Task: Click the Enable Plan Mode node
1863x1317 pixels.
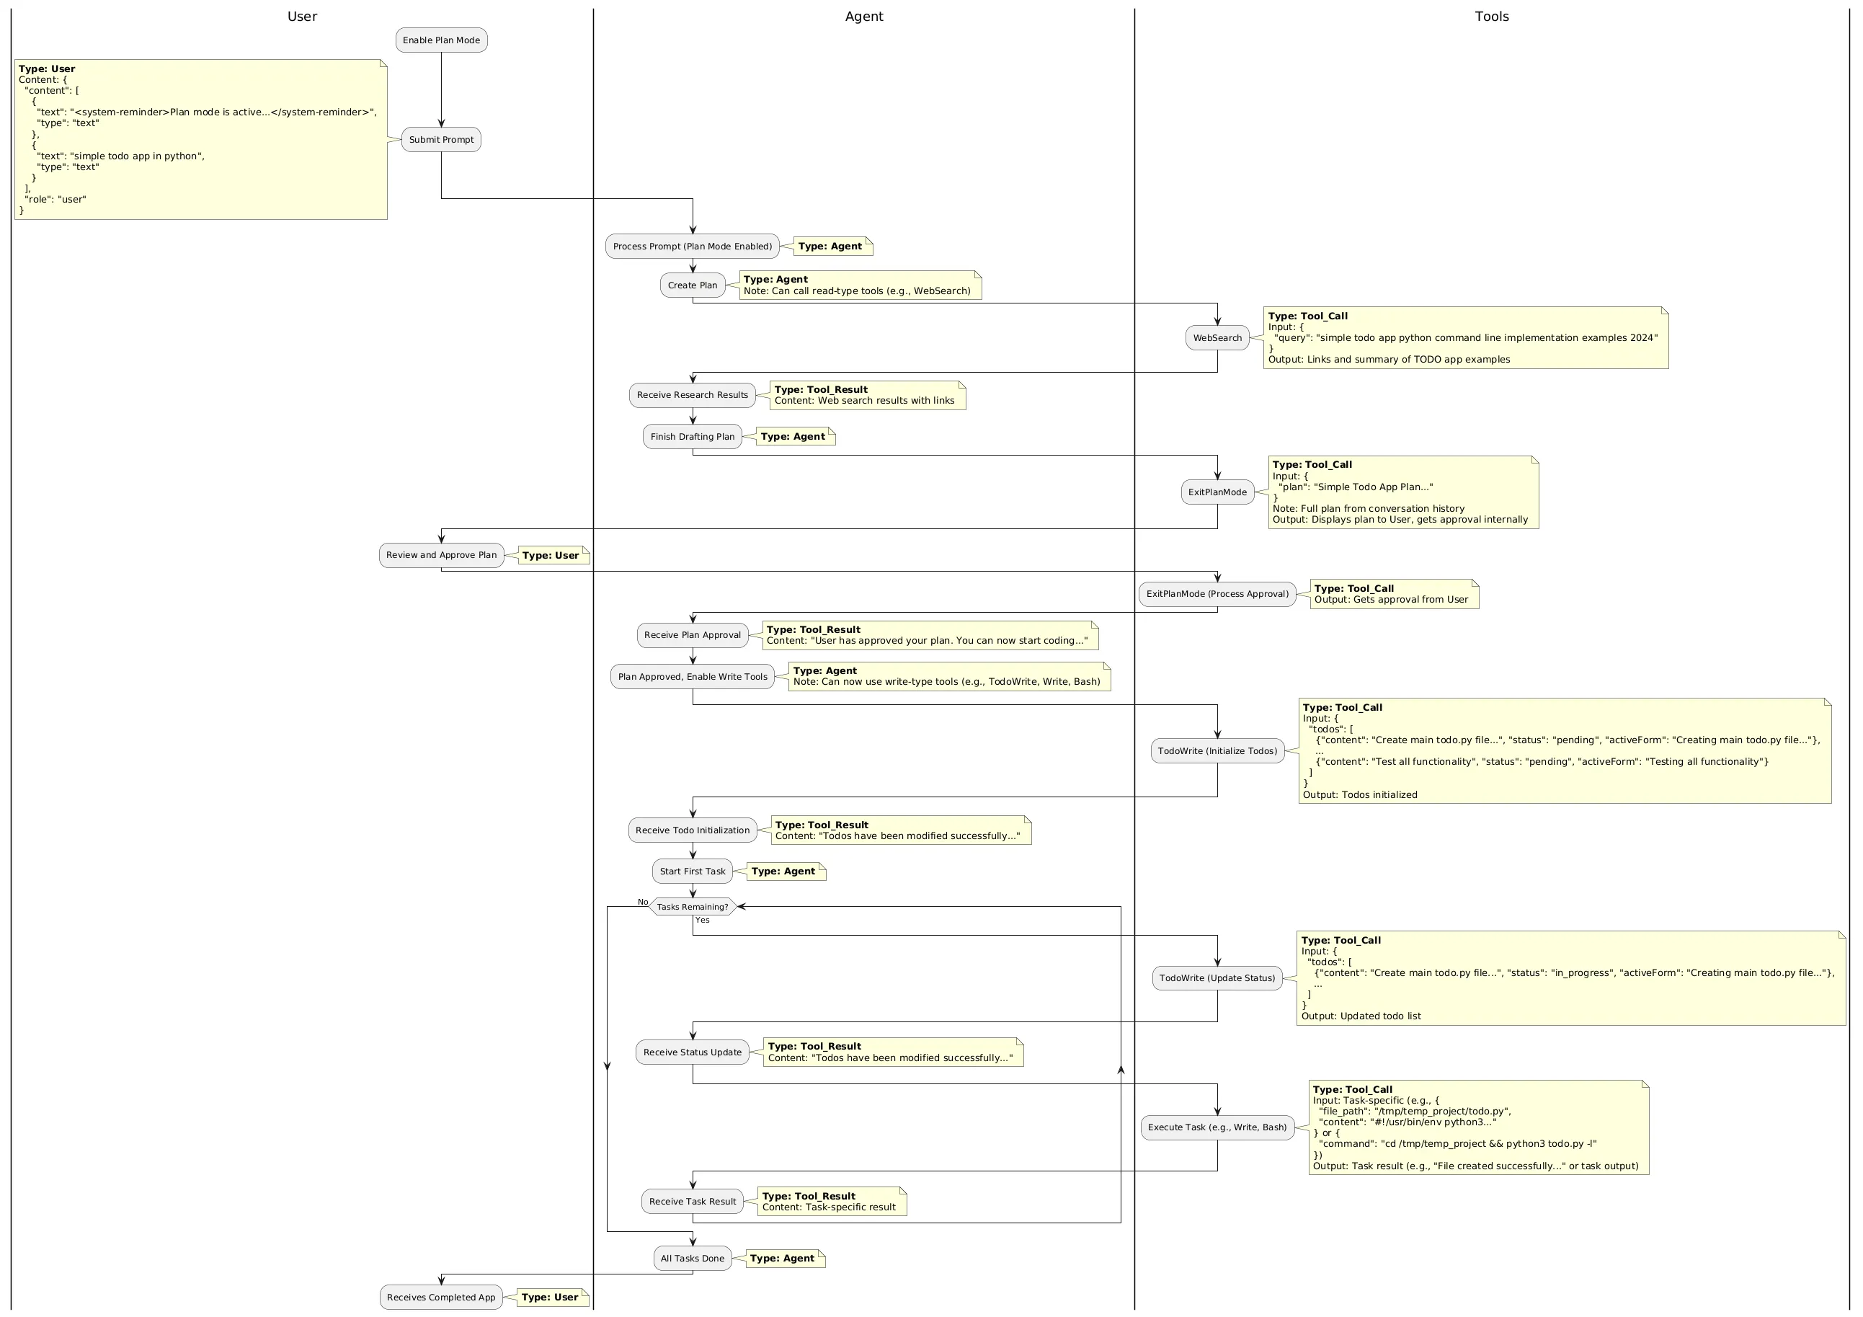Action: (441, 40)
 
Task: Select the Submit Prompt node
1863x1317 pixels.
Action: (441, 140)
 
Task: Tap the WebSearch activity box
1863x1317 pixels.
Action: (1217, 337)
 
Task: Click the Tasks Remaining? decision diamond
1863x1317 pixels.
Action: (692, 906)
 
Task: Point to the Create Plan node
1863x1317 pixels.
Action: (692, 285)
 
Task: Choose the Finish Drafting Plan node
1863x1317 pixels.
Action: (692, 437)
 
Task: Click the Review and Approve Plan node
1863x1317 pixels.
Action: (441, 555)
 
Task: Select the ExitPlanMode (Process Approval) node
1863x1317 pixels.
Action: (1217, 594)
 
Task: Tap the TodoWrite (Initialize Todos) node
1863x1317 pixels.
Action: (1217, 750)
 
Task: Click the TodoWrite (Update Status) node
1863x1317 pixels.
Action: (1217, 977)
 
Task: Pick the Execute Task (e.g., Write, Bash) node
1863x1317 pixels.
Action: (1217, 1127)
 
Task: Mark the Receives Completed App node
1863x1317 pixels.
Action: (440, 1297)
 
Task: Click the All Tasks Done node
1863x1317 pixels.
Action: (692, 1259)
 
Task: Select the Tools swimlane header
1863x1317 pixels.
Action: (1491, 17)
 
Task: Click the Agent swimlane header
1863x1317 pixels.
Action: (863, 17)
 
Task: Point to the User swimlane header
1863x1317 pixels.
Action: (302, 17)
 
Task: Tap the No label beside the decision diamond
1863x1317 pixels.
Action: (643, 902)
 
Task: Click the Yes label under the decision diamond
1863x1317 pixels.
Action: (702, 921)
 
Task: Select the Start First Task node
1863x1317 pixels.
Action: (692, 872)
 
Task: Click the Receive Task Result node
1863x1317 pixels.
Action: (692, 1202)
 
